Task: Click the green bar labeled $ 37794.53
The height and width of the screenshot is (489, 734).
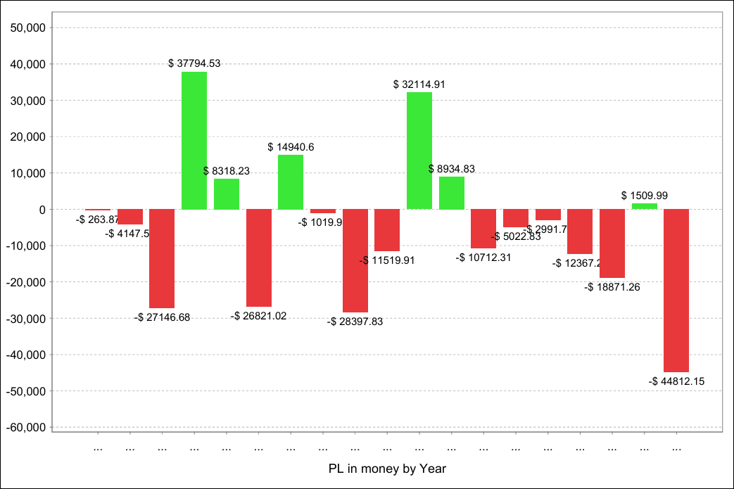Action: click(194, 141)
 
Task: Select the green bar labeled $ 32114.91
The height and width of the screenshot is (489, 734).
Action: click(419, 151)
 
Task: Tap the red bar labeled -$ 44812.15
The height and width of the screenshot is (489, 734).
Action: click(676, 291)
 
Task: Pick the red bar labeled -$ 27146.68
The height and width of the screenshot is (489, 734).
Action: click(162, 259)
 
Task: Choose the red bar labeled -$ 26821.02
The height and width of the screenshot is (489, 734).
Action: click(259, 258)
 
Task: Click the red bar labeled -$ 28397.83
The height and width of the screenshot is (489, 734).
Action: click(355, 260)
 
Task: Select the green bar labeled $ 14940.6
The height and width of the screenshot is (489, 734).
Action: click(291, 182)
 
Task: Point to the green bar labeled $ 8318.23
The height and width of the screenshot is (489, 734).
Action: click(227, 194)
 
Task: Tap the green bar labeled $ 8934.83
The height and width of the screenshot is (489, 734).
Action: click(452, 193)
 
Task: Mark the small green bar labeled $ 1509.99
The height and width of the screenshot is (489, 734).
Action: click(645, 206)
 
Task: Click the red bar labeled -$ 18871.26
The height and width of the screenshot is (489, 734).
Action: click(612, 243)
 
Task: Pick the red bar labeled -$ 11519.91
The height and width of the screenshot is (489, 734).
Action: click(387, 230)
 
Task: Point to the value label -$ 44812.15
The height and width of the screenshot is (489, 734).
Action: click(676, 381)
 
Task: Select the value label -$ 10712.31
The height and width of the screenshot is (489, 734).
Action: click(484, 258)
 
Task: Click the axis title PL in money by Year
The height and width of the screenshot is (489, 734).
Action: click(387, 468)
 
